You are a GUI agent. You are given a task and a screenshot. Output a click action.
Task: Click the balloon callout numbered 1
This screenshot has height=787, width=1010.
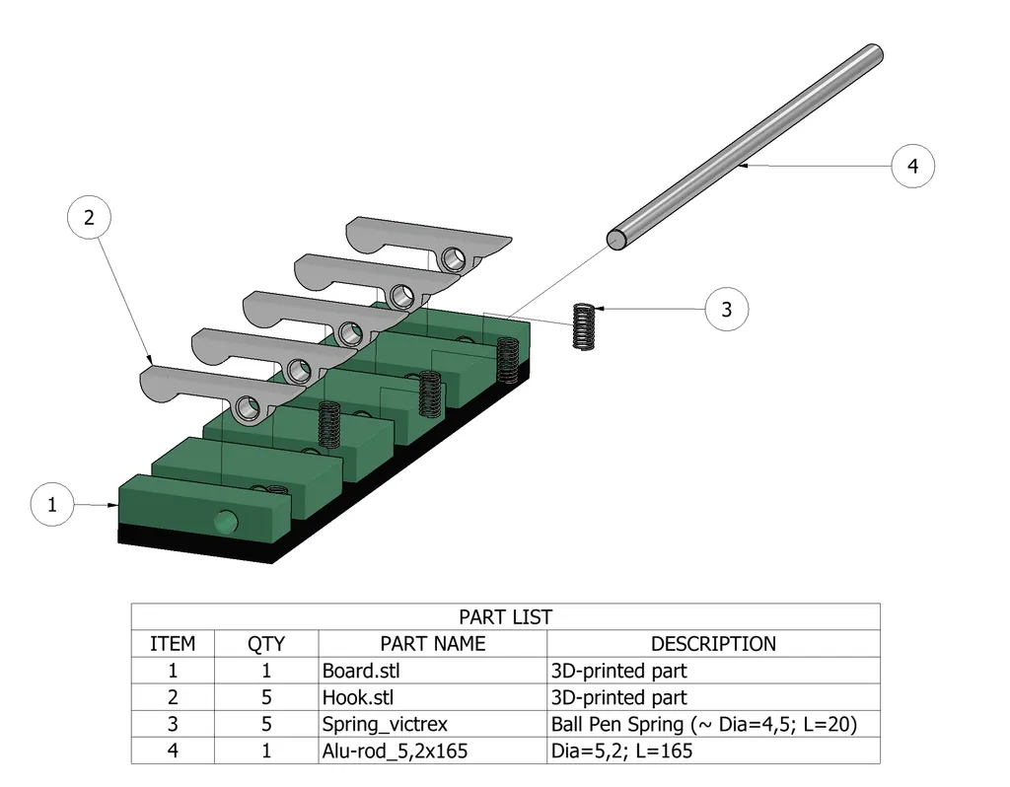coord(52,505)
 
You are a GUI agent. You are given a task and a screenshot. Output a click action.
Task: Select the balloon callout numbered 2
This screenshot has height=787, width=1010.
coord(89,218)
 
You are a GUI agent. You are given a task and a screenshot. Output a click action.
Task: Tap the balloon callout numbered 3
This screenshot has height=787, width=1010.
coord(726,310)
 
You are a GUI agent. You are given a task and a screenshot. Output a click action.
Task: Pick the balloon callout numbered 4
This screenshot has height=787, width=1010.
coord(912,166)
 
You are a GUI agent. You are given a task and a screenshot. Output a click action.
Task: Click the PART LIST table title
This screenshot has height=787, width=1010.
coord(505,617)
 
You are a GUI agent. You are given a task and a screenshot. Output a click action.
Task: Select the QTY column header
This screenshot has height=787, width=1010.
coord(266,644)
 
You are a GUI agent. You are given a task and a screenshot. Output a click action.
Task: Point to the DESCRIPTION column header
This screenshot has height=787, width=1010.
coord(713,644)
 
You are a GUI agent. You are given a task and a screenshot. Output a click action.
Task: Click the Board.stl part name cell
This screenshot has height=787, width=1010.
coord(361,671)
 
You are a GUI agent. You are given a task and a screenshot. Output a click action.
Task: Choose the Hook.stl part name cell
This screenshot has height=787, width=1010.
coord(358,697)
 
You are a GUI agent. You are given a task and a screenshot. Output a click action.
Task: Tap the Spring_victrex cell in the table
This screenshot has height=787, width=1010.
coord(385,724)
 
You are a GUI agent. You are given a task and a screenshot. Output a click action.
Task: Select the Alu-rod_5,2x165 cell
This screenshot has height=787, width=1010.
coord(395,751)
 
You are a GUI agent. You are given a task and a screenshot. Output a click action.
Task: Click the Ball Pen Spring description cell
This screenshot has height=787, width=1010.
coord(703,724)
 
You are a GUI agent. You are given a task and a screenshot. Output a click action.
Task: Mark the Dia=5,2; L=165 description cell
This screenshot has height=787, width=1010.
coord(621,751)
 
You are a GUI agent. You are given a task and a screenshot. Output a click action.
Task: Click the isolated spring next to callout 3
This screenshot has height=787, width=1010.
coord(584,324)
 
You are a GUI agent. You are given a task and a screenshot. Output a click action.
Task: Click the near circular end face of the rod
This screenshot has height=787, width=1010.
coord(615,239)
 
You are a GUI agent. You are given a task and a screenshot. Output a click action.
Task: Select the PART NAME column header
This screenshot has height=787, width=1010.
coord(432,644)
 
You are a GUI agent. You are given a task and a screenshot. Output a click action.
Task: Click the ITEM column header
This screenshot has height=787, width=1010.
coord(173,644)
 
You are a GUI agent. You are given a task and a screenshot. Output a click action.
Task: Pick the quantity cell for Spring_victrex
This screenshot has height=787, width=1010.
coord(266,724)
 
